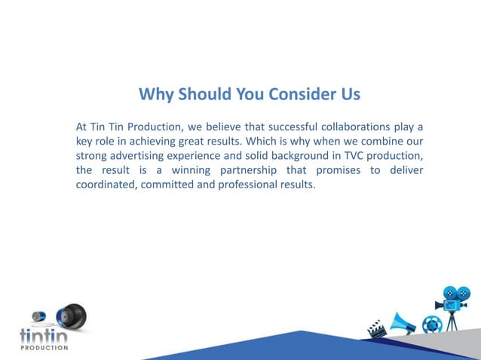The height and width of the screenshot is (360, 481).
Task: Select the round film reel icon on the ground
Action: coord(431,325)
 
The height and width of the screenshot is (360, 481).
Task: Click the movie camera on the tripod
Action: coord(453,302)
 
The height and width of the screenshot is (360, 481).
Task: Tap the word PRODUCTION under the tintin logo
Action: coord(44,348)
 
